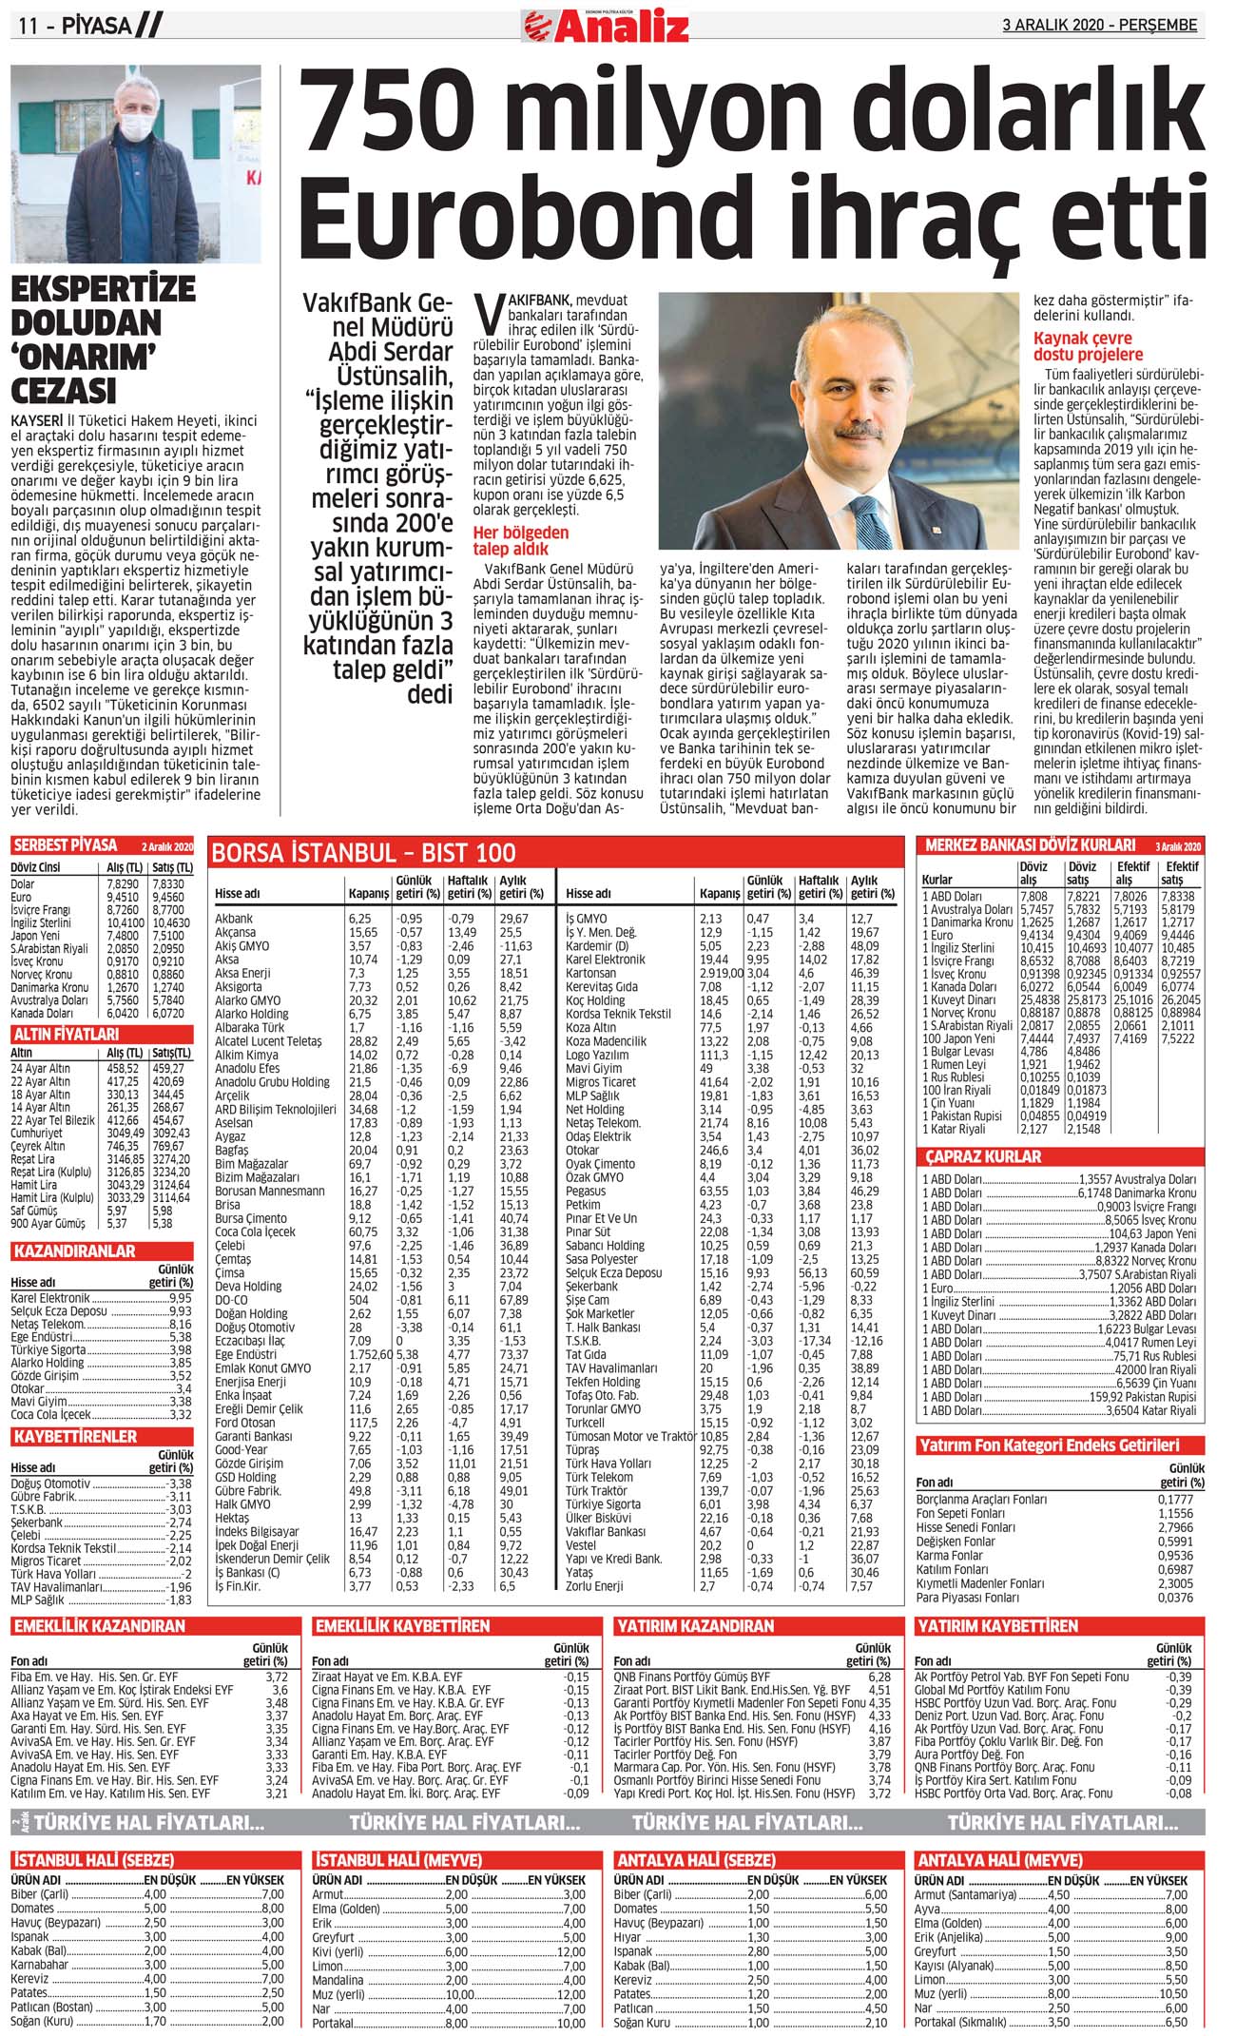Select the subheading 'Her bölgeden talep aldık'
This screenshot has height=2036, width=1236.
[x=521, y=540]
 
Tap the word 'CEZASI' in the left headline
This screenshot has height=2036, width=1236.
[x=64, y=391]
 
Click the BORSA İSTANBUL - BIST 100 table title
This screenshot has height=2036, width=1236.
[x=363, y=853]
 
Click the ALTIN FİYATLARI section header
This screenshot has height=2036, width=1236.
[x=66, y=1034]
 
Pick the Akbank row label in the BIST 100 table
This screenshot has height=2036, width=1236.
[x=234, y=919]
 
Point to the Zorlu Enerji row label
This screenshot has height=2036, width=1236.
[x=594, y=1586]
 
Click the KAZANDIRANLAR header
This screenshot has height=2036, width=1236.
[x=74, y=1251]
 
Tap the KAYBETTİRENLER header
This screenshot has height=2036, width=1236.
[x=75, y=1436]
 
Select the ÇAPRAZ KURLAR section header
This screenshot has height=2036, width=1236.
[x=984, y=1157]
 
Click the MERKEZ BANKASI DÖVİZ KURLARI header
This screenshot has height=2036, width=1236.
[x=1031, y=845]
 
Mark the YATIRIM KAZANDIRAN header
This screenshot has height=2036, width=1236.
[x=695, y=1626]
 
